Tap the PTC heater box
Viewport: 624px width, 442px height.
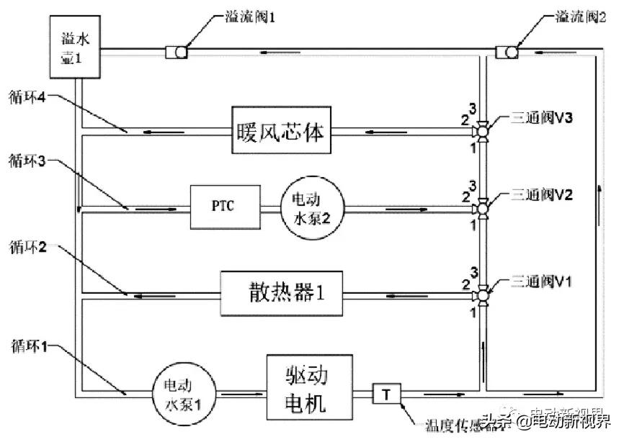(222, 207)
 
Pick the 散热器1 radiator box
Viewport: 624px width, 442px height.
(281, 293)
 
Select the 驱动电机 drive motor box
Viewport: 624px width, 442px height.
(310, 387)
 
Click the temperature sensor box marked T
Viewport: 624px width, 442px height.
(385, 394)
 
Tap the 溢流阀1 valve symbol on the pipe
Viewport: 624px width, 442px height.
(177, 51)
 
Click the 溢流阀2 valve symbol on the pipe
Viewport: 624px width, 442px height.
(506, 51)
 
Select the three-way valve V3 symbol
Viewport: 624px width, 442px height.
(482, 131)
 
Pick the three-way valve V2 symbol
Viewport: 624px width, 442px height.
(482, 209)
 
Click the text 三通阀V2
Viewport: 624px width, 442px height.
(540, 195)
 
